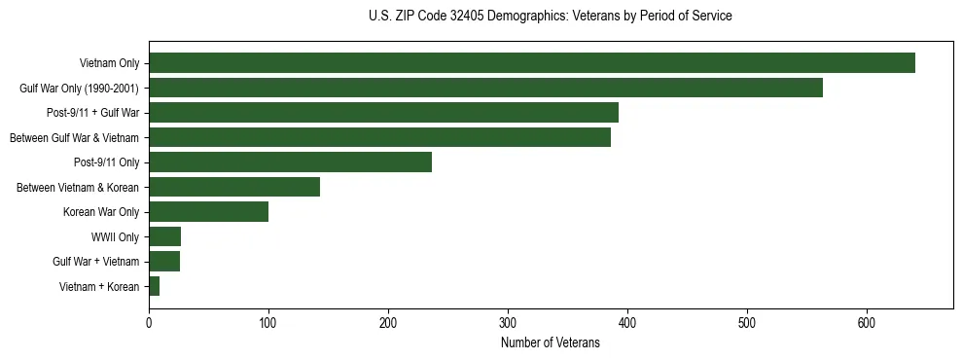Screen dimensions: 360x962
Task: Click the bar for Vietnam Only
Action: [x=531, y=63]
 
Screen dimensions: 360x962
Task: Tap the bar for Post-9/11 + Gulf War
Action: [x=383, y=113]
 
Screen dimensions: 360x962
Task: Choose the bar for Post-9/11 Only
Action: [x=290, y=162]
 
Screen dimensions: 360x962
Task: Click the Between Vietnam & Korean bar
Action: [x=234, y=187]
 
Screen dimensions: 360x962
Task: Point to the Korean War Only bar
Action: [x=208, y=212]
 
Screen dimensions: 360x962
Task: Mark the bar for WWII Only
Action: [x=164, y=236]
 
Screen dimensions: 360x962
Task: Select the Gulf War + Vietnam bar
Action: [x=164, y=262]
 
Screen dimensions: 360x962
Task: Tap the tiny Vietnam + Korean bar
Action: [x=154, y=286]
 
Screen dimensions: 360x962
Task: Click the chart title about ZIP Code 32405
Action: [x=551, y=17]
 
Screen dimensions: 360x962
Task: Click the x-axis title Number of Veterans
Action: [x=551, y=343]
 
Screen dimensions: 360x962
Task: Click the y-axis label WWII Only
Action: [x=115, y=237]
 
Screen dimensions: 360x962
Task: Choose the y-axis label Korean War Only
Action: [x=101, y=212]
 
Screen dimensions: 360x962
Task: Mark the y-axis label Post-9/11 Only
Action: [x=106, y=162]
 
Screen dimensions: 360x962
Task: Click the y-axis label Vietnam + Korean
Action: [x=99, y=287]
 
